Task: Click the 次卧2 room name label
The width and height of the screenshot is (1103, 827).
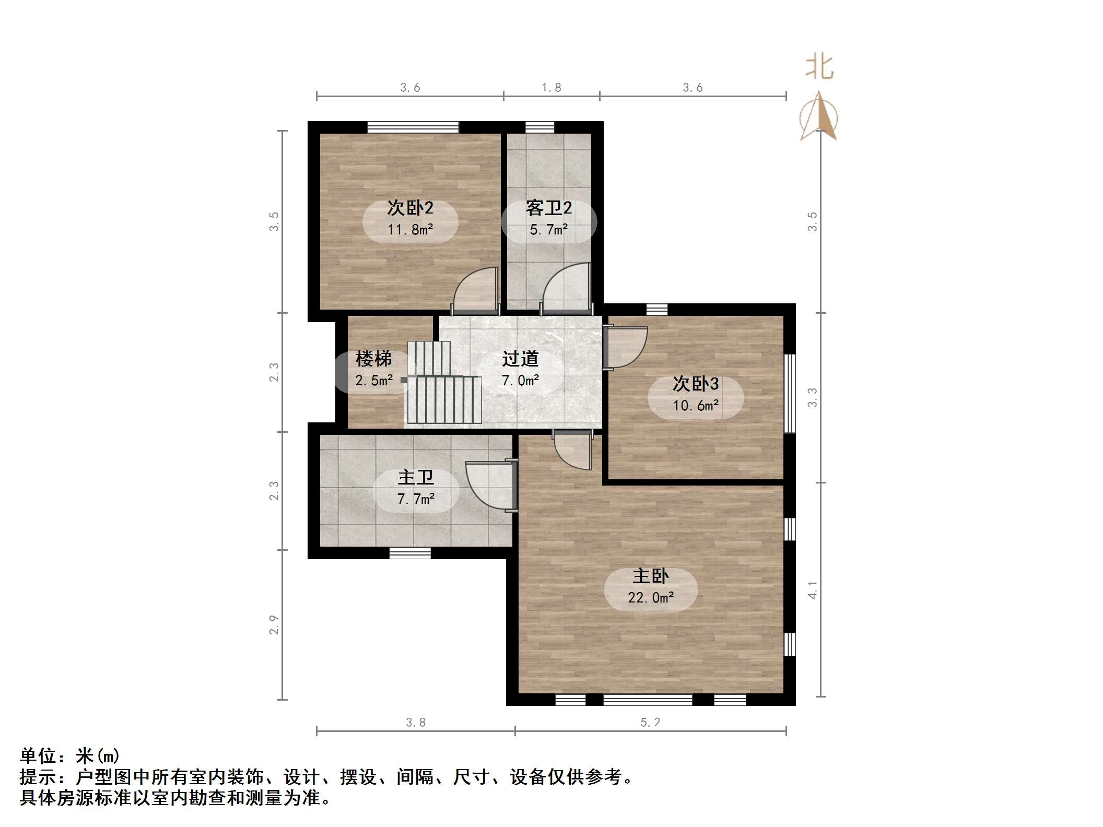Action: click(x=410, y=208)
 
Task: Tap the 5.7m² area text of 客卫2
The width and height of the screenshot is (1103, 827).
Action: click(x=548, y=230)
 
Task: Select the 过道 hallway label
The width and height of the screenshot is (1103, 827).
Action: click(x=520, y=359)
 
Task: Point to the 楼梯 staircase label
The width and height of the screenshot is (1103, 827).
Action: click(x=373, y=359)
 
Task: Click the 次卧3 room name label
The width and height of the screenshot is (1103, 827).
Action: click(x=696, y=384)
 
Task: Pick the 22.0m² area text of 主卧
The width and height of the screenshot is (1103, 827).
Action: click(x=651, y=597)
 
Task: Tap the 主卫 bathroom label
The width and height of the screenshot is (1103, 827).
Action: click(x=416, y=477)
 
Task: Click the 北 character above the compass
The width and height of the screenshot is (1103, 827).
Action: click(x=819, y=67)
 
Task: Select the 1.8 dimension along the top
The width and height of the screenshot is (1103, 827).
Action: click(x=551, y=88)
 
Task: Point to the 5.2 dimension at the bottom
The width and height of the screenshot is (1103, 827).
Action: click(x=651, y=722)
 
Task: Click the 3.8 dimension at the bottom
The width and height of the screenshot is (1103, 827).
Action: click(x=416, y=722)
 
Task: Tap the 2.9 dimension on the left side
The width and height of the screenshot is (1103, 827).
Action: click(x=274, y=625)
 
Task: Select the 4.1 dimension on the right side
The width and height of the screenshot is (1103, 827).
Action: click(x=813, y=590)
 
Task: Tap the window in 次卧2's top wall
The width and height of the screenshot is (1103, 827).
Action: click(x=413, y=127)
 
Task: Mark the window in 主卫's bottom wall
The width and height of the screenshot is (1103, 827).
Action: click(x=410, y=553)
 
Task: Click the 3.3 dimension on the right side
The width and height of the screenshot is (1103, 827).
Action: click(x=813, y=397)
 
